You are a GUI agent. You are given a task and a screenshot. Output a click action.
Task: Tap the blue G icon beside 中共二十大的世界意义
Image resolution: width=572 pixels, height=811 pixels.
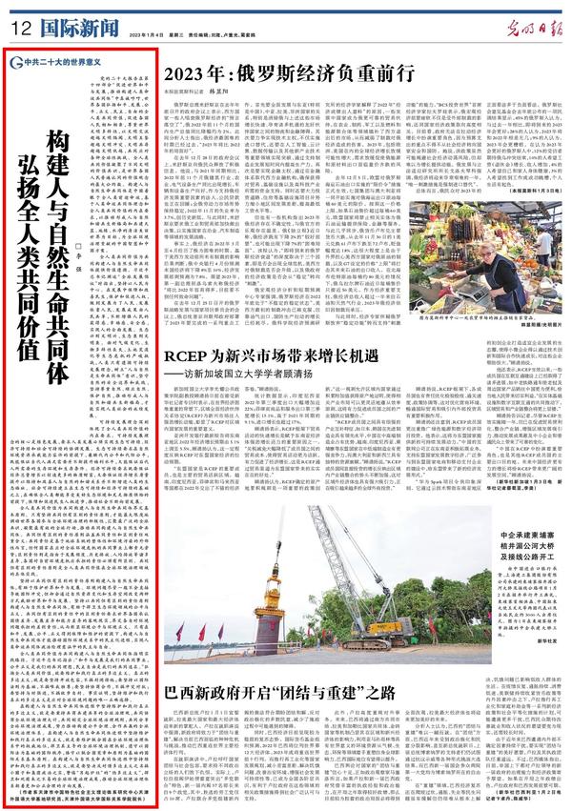tap(11, 60)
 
